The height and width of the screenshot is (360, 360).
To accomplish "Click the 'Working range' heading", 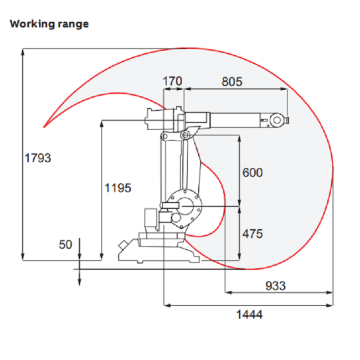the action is tap(49, 24).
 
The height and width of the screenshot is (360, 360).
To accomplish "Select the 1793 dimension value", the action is tap(38, 158).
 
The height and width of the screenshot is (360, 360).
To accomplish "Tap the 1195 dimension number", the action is tap(118, 188).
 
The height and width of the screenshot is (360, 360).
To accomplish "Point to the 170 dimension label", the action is tap(172, 81).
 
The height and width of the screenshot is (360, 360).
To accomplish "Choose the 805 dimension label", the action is tap(232, 82).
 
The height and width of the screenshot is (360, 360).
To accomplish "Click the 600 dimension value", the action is tap(253, 173).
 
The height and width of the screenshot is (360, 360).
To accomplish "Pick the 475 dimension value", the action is tap(253, 234).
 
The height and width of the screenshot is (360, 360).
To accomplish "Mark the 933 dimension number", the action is tap(275, 286).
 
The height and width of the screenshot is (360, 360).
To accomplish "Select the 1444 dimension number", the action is tap(249, 315).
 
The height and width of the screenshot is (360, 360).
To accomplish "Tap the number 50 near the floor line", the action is tap(65, 244).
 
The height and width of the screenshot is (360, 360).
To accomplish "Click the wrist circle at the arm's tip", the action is tap(277, 120).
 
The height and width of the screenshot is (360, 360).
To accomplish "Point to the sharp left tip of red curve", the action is tap(44, 127).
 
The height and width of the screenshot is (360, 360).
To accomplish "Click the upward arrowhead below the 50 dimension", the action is tap(79, 274).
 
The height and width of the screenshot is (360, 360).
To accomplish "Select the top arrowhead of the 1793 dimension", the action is tap(23, 52).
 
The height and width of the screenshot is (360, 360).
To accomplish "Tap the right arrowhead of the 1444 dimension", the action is tap(330, 305).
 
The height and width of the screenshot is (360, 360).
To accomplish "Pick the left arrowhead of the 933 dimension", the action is tap(228, 292).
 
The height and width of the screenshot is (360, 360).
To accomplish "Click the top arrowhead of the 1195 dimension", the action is tap(102, 124).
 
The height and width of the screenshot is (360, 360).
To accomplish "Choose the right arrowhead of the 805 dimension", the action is tap(284, 89).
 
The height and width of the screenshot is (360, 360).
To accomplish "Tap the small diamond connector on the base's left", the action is tap(122, 245).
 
